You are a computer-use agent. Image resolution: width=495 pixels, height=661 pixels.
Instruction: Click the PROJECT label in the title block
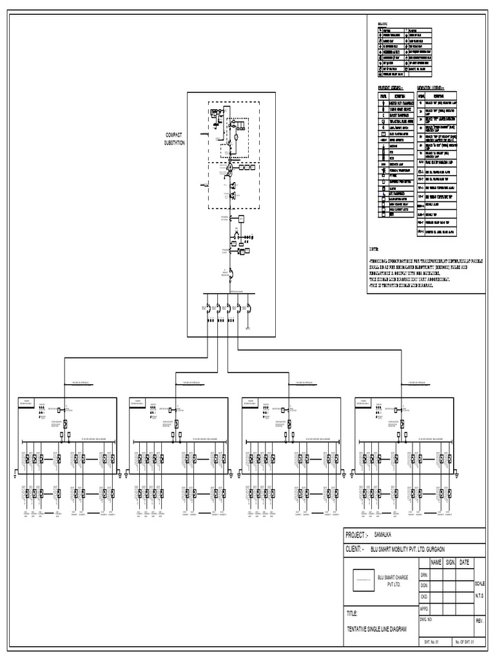click(356, 535)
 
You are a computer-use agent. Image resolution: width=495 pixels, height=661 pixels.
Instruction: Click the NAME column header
click(435, 562)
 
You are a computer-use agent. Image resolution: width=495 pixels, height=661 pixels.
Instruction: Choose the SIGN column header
click(450, 562)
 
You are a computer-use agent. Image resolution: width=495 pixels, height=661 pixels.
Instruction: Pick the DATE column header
click(464, 562)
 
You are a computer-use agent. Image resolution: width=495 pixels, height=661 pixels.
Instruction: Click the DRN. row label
click(424, 574)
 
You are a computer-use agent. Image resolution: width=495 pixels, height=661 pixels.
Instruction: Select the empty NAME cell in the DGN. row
click(436, 585)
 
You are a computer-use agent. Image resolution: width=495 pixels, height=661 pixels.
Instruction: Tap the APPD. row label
click(425, 608)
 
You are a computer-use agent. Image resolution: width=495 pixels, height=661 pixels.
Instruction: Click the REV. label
click(479, 620)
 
